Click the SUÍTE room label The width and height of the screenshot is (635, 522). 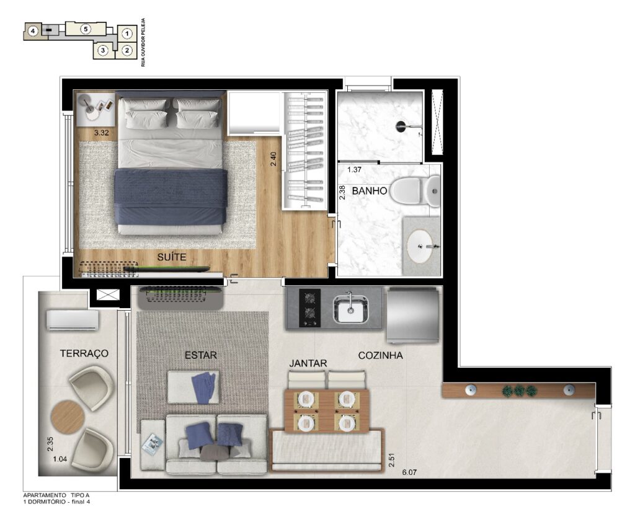172,257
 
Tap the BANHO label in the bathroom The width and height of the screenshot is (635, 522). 370,191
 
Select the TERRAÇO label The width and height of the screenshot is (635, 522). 84,353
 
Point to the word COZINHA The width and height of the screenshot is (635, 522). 380,355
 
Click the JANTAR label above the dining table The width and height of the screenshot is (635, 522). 308,363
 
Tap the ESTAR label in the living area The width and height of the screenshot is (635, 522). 200,355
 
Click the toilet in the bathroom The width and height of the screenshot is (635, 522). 415,191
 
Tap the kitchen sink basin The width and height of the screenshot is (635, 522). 350,309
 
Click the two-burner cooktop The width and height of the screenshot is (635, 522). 310,307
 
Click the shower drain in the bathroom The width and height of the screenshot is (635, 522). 400,126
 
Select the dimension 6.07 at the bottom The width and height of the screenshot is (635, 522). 409,472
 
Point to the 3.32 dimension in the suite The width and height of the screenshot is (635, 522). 101,133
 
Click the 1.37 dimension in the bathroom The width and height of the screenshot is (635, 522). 354,170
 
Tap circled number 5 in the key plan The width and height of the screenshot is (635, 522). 86,29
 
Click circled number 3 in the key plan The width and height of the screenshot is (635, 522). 104,50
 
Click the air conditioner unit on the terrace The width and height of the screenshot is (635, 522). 73,320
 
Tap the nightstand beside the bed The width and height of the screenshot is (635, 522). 96,109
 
